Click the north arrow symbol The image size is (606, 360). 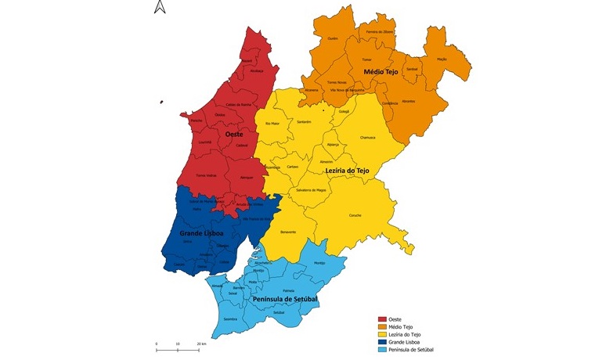(159, 8)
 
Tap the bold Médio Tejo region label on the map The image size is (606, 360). (381, 71)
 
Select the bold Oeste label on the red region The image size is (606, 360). (233, 135)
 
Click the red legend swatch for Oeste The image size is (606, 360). (383, 319)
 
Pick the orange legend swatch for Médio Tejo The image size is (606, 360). (383, 326)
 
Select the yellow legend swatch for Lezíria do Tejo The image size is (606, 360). (383, 334)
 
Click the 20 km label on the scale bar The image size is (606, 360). (201, 344)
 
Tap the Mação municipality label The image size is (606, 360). (441, 59)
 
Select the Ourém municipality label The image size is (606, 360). (332, 38)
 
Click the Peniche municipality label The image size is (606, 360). (196, 121)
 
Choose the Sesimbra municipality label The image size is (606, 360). (230, 319)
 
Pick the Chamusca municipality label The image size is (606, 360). (367, 138)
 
